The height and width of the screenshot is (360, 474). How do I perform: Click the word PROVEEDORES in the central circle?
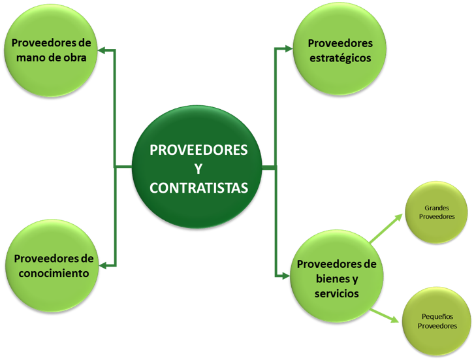coord(198,150)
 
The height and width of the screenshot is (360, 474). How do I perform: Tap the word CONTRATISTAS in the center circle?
coord(198,188)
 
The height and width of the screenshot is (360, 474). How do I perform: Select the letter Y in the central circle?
coord(198,169)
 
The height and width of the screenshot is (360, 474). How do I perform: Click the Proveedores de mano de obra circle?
coord(52,50)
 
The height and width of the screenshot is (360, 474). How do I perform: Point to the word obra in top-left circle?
coord(82,56)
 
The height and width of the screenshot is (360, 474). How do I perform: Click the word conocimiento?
coord(52,273)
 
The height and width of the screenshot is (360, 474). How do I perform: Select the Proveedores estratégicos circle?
coord(340,50)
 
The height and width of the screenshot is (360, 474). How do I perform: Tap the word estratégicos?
coord(340,57)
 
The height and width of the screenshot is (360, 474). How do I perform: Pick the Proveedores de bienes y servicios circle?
coord(336,279)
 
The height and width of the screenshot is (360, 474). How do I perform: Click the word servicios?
coord(336,294)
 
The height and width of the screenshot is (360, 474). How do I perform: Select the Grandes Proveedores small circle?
coord(439,212)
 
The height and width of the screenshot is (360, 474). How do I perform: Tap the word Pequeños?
coord(437,316)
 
